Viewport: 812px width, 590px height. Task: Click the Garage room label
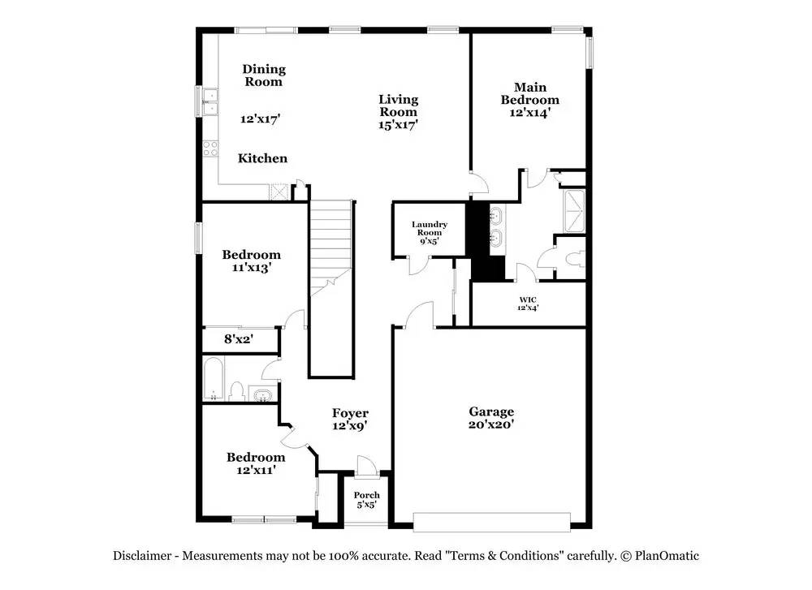491,418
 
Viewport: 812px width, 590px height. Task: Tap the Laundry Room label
430,232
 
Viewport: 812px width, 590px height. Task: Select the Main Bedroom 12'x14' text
529,100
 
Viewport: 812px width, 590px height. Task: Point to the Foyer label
350,420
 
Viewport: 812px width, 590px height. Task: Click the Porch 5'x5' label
367,499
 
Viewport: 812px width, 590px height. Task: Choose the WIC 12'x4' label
528,304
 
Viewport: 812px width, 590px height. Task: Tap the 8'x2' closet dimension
238,339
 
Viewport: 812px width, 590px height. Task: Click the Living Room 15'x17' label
398,112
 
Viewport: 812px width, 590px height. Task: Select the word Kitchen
262,158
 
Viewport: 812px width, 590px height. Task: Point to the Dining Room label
264,75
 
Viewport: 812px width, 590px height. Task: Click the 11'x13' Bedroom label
252,261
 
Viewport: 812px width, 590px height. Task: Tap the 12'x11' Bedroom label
256,463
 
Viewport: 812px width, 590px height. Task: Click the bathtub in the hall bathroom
214,379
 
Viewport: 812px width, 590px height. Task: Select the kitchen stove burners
210,149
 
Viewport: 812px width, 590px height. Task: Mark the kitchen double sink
210,102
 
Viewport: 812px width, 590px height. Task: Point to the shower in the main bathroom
575,211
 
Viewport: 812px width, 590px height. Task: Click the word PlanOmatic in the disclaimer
667,557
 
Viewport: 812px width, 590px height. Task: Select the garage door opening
492,522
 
